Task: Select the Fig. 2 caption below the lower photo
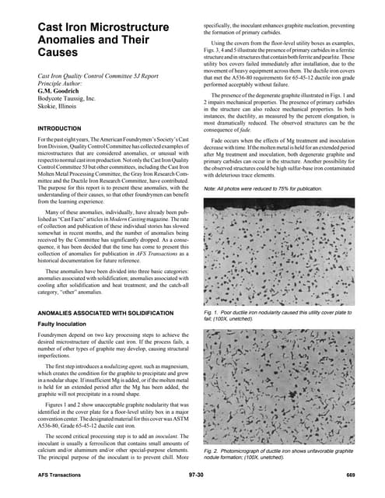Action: (x=280, y=454)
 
